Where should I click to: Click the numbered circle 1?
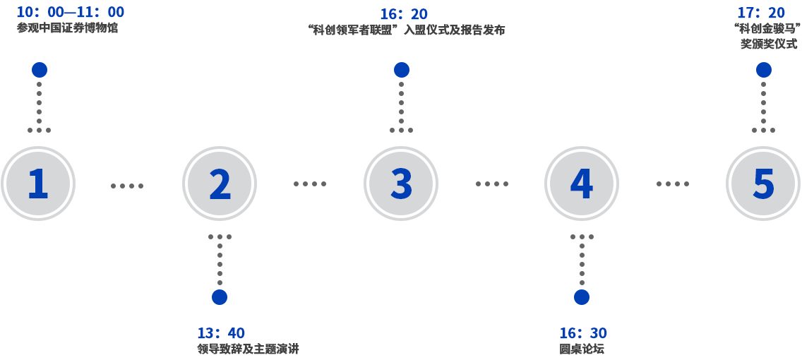(x=38, y=184)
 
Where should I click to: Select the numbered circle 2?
(x=220, y=184)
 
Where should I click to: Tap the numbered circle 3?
(x=401, y=184)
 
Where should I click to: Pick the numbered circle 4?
(x=582, y=184)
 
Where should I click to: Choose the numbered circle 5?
(x=763, y=184)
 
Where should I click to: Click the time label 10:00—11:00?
(x=71, y=12)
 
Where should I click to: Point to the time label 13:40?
(x=221, y=333)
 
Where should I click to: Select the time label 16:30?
(x=583, y=333)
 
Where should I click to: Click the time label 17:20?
(x=761, y=13)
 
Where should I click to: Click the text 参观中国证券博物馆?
(x=68, y=29)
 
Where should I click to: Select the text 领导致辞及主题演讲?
(x=249, y=349)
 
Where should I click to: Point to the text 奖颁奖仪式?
(x=769, y=44)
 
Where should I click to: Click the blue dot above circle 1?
(x=40, y=70)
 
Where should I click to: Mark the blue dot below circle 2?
(x=220, y=297)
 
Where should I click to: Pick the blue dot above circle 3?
(x=402, y=70)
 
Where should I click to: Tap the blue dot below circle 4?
(x=582, y=297)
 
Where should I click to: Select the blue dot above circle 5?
(x=764, y=70)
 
